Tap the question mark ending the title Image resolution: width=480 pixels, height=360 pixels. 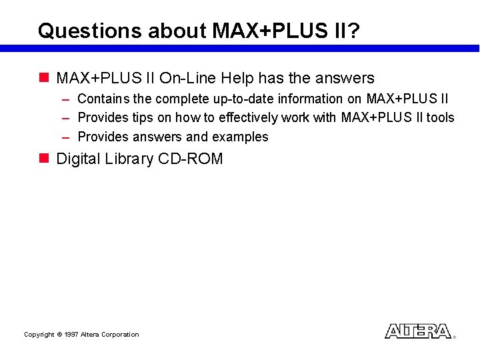coord(354,31)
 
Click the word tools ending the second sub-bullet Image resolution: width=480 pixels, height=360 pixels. coord(440,118)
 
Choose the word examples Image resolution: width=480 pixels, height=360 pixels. coord(240,137)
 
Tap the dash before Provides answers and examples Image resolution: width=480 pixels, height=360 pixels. coord(66,137)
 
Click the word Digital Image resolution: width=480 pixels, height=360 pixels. coord(77,159)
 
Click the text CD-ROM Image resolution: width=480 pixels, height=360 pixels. coord(191,159)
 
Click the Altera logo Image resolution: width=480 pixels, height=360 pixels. coord(418,331)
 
